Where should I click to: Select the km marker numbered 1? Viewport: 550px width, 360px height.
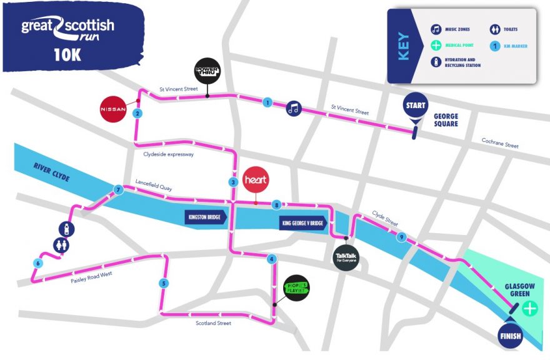[267, 102]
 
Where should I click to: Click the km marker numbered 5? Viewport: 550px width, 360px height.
[164, 283]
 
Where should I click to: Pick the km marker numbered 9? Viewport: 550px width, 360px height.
[401, 237]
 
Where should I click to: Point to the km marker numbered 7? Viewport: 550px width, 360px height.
[117, 189]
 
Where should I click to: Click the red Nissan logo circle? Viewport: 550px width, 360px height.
[114, 109]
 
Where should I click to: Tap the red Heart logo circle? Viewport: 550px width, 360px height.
[255, 179]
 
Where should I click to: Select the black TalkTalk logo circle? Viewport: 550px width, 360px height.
[346, 257]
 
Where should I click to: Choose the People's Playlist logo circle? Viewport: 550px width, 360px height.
[297, 288]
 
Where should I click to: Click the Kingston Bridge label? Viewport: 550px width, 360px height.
[205, 217]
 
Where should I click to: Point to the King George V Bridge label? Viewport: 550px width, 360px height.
[303, 223]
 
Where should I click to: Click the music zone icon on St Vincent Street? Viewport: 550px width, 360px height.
[294, 108]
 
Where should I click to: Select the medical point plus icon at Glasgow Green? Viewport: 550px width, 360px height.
[530, 308]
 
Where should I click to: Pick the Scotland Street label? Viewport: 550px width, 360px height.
[213, 323]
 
